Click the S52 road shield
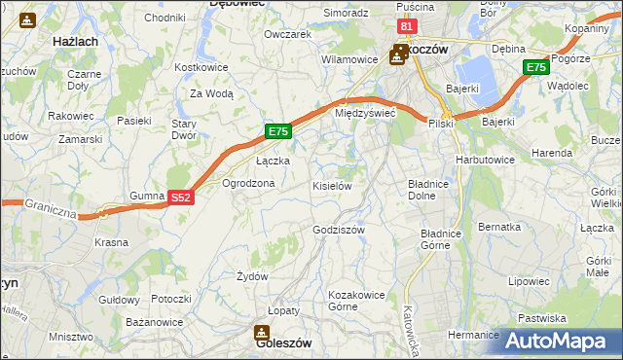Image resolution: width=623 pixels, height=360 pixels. [x=180, y=197]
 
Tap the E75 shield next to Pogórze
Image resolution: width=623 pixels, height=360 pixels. [x=534, y=67]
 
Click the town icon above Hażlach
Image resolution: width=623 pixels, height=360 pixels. [x=27, y=18]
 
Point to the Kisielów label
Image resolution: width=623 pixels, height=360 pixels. [x=331, y=185]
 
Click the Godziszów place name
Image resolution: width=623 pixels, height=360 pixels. [x=339, y=230]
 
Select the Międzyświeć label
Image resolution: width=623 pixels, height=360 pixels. [x=364, y=113]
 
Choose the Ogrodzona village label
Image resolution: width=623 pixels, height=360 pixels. [x=248, y=183]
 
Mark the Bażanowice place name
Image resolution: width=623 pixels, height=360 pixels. [x=154, y=320]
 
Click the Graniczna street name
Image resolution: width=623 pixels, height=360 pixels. [x=51, y=209]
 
